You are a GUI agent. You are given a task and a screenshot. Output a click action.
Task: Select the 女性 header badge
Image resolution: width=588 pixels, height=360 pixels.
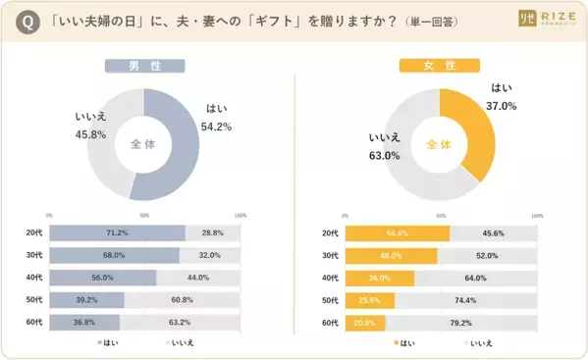(439, 67)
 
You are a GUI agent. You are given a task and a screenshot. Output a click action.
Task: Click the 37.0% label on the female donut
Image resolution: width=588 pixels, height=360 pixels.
(502, 96)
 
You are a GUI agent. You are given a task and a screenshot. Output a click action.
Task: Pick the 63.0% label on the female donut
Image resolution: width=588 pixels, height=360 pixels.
(383, 147)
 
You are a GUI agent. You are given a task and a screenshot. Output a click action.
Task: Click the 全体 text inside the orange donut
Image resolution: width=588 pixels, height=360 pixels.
(439, 144)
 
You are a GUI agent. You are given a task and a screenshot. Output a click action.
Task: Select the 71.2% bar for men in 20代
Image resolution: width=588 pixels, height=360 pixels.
(117, 232)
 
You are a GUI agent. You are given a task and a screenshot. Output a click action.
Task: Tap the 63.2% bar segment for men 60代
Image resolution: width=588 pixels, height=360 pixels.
(180, 321)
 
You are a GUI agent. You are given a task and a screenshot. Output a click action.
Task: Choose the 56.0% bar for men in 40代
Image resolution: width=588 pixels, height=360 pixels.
(103, 277)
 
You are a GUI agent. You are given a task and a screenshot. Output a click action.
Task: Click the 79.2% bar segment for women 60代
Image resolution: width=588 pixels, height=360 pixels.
(461, 321)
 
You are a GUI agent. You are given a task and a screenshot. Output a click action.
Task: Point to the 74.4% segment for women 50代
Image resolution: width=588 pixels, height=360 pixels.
(465, 299)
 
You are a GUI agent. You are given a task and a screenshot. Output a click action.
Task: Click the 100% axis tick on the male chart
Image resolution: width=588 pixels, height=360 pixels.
(241, 215)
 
